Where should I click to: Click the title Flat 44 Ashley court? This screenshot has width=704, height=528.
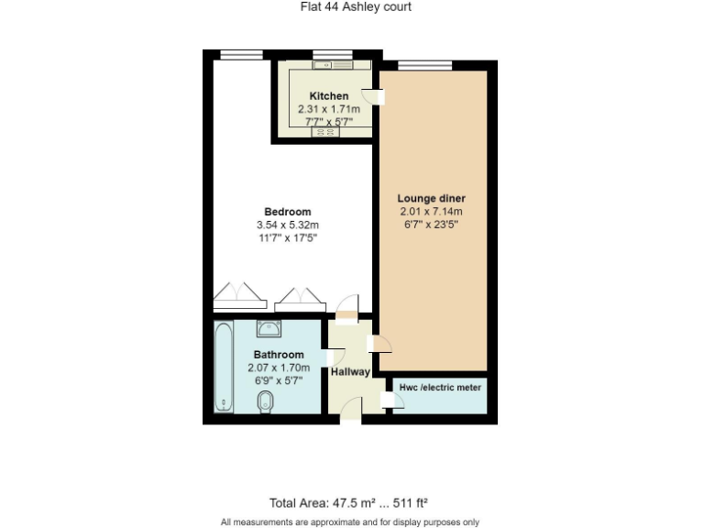(356, 7)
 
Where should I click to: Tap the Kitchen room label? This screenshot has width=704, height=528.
(328, 96)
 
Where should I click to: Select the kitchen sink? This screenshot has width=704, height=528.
(326, 65)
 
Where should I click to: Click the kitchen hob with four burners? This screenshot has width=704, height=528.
(325, 132)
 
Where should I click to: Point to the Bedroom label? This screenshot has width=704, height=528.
(288, 212)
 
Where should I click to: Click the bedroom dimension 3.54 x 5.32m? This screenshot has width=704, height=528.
(288, 225)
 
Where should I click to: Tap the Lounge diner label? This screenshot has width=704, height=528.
(431, 198)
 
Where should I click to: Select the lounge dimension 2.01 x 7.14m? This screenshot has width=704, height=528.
(431, 212)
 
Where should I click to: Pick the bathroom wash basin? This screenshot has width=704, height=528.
(269, 329)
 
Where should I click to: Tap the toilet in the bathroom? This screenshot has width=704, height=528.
(266, 401)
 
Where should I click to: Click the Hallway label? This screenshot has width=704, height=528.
(350, 372)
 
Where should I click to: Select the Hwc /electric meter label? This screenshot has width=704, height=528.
(440, 388)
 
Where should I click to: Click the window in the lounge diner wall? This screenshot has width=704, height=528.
(424, 64)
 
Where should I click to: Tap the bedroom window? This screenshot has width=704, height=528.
(241, 54)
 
